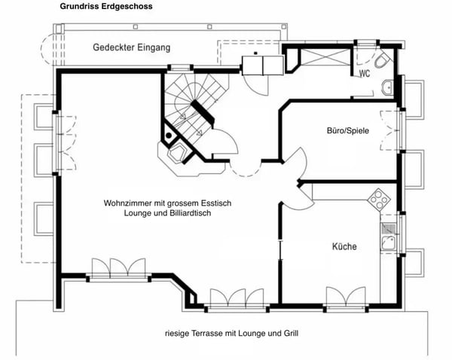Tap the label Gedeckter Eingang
[x=131, y=47]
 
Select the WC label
[x=364, y=74]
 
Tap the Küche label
[x=344, y=246]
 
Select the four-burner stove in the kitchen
[x=378, y=200]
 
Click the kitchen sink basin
[x=390, y=243]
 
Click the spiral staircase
[x=193, y=110]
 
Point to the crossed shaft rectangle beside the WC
[x=325, y=58]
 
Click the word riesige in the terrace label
[x=178, y=332]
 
